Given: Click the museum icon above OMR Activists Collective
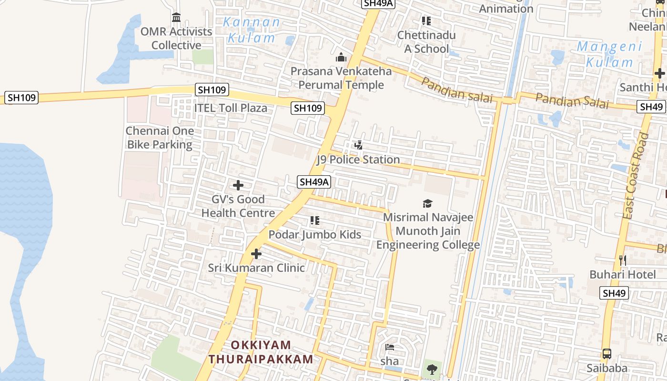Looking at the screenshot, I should click(x=176, y=18).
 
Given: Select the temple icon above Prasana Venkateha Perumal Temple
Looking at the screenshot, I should click(x=341, y=58).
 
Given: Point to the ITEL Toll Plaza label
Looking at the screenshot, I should click(x=230, y=108).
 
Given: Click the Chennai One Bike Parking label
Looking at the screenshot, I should click(x=160, y=138).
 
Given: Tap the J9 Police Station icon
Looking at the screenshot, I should click(x=359, y=145).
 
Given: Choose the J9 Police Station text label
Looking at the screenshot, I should click(x=358, y=160).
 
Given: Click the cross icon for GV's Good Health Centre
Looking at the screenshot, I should click(x=238, y=185).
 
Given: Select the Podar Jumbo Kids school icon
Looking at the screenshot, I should click(x=314, y=221).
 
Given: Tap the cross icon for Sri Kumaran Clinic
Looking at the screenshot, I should click(x=256, y=254).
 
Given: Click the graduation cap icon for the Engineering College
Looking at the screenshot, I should click(x=427, y=204).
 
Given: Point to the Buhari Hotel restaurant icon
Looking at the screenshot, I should click(x=622, y=260).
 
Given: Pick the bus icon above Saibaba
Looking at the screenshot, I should click(x=606, y=354).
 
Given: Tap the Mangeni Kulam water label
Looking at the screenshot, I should click(x=609, y=54).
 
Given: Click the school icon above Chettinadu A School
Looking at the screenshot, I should click(x=426, y=21).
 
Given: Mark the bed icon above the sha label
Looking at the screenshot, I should click(x=389, y=347).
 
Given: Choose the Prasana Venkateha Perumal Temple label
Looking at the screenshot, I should click(x=341, y=78).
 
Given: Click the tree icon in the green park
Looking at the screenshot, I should click(x=432, y=369).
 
